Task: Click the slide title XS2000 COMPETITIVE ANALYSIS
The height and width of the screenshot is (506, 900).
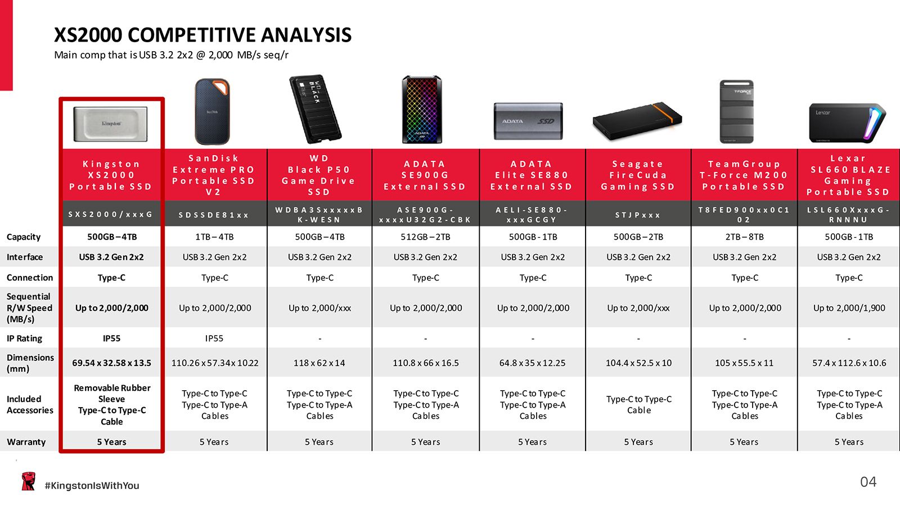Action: tap(202, 35)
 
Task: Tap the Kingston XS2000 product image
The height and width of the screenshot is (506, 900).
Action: tap(110, 124)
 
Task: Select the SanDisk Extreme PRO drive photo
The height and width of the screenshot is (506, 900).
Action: tap(212, 111)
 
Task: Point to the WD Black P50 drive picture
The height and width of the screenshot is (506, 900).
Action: tap(316, 109)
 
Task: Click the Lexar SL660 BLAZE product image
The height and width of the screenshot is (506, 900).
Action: tap(847, 123)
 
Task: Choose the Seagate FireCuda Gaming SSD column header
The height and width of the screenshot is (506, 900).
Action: tap(638, 175)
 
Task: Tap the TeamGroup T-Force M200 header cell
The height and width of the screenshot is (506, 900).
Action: tap(744, 175)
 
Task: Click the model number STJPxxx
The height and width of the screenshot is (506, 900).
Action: tap(638, 215)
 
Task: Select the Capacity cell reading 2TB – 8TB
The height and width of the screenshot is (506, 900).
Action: tap(745, 237)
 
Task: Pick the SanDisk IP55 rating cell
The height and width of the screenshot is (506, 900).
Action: tap(214, 338)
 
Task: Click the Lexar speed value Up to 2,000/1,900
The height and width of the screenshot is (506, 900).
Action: tap(849, 308)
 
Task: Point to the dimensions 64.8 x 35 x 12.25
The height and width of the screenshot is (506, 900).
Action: tap(532, 363)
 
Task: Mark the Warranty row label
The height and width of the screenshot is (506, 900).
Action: tap(26, 442)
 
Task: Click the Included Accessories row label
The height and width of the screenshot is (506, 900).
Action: tap(30, 404)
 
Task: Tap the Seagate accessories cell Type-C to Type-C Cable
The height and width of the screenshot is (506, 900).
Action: tap(639, 404)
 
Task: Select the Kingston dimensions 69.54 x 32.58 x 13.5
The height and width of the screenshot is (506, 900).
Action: tap(112, 363)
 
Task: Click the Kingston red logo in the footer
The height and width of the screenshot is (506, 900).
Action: tap(28, 481)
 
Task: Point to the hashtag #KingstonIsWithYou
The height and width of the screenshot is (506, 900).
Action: tap(92, 486)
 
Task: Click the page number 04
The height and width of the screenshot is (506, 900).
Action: tap(868, 482)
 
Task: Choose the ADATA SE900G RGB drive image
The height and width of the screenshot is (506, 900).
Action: tap(422, 109)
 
